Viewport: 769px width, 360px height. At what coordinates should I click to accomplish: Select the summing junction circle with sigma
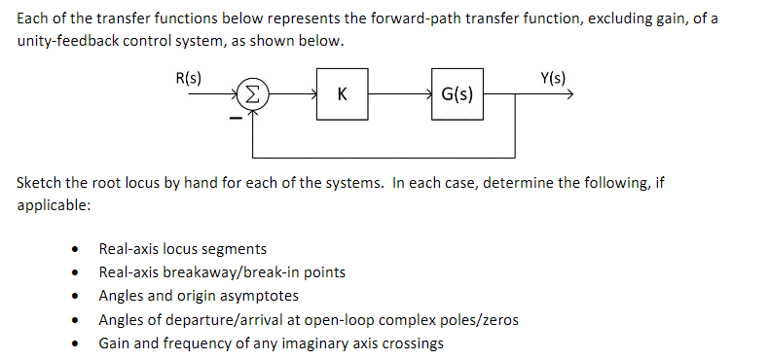(252, 94)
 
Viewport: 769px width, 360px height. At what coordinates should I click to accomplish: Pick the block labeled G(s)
(458, 94)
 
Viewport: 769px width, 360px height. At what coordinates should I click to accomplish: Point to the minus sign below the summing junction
(234, 119)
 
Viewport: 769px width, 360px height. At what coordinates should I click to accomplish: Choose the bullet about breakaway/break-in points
(222, 272)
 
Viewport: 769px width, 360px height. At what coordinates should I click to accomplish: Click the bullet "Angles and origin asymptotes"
(199, 296)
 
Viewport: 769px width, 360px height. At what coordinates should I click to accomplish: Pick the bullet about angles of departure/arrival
(309, 319)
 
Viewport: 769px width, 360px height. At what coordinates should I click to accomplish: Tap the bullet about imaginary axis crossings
(271, 342)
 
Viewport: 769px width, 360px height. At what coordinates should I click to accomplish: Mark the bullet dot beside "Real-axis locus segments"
(74, 250)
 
